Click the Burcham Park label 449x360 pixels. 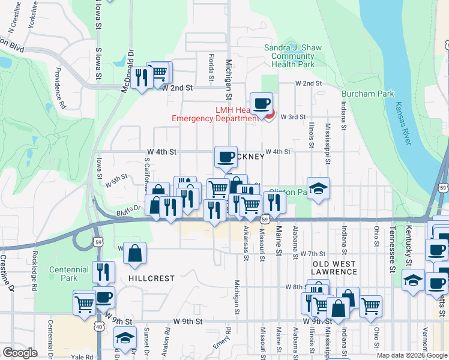pyautogui.click(x=367, y=94)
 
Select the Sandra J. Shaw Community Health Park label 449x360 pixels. pyautogui.click(x=293, y=56)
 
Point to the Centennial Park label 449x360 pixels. pyautogui.click(x=63, y=274)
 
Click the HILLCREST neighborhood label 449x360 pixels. pyautogui.click(x=151, y=278)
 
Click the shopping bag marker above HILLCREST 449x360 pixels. pyautogui.click(x=135, y=254)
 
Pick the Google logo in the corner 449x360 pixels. pyautogui.click(x=20, y=353)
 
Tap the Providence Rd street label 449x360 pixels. pyautogui.click(x=60, y=90)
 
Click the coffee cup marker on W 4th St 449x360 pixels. pyautogui.click(x=226, y=158)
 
